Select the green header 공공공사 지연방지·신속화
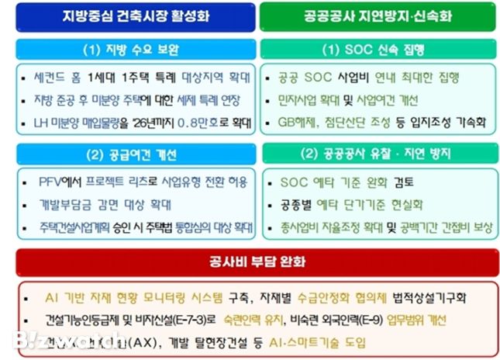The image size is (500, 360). (378, 15)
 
